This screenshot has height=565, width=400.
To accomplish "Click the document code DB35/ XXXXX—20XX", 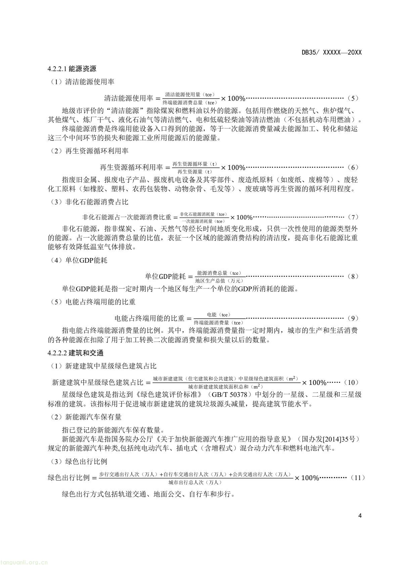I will (331, 53).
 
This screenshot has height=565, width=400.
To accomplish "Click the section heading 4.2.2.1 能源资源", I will (72, 69).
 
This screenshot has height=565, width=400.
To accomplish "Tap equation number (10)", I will (353, 382).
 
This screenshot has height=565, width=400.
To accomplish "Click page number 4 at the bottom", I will (360, 516).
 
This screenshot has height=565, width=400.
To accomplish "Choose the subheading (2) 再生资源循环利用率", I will (88, 151).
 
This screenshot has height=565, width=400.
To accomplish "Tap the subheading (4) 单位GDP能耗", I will (78, 260).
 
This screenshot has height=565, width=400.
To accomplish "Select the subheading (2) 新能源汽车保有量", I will (85, 417).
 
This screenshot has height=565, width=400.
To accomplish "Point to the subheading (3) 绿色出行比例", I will (78, 462).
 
